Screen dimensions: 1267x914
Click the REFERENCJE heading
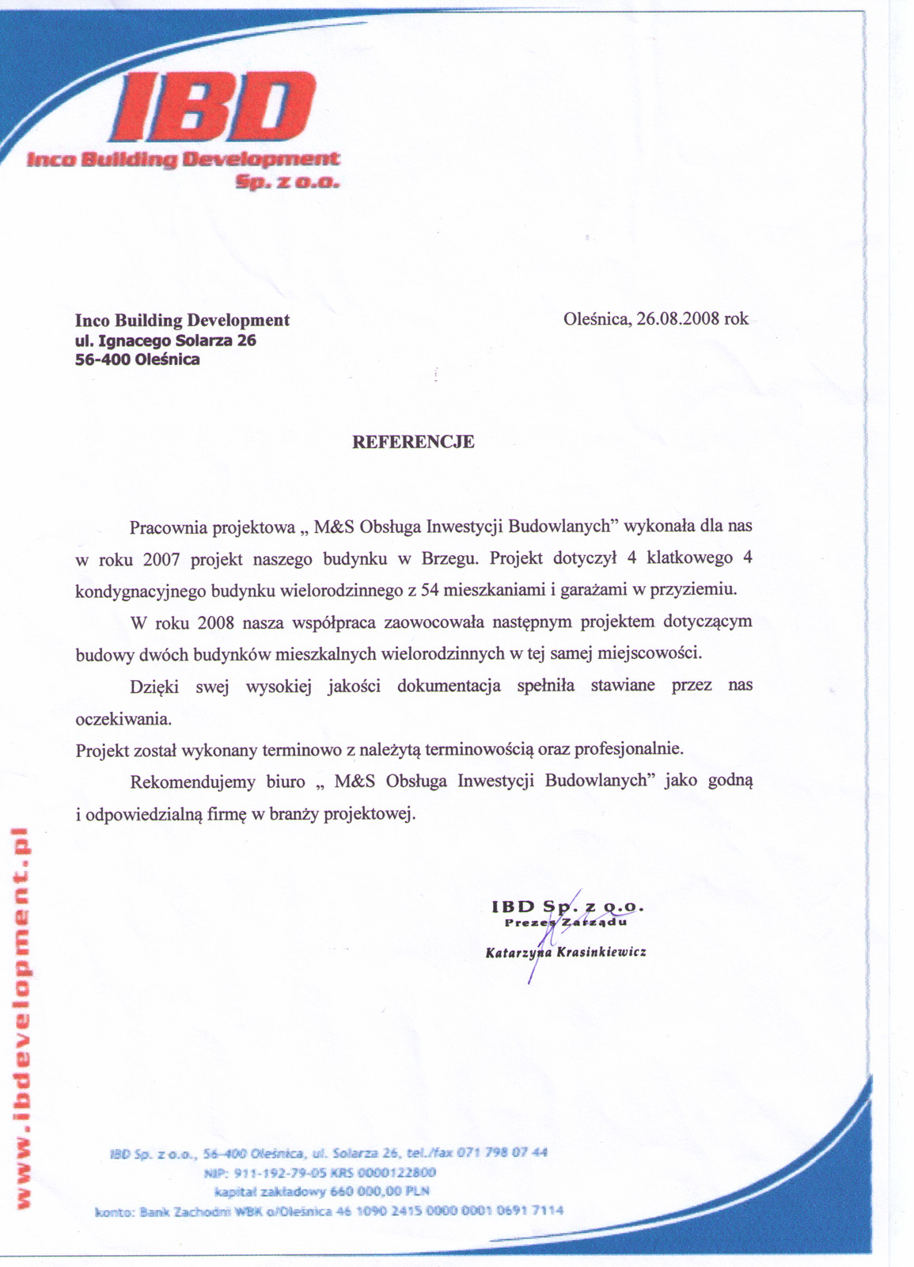coord(413,442)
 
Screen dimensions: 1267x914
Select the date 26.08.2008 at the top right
coord(678,319)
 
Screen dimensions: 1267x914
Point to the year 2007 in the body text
coord(161,559)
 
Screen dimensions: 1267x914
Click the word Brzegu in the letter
coord(449,558)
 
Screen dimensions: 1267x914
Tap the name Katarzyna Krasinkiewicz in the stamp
coord(566,952)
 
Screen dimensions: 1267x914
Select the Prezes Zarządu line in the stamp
coord(565,923)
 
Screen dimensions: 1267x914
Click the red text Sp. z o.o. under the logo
coord(287,183)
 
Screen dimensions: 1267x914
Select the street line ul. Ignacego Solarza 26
coord(165,341)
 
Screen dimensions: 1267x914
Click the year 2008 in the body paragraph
coord(215,622)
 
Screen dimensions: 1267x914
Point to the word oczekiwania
coord(123,719)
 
